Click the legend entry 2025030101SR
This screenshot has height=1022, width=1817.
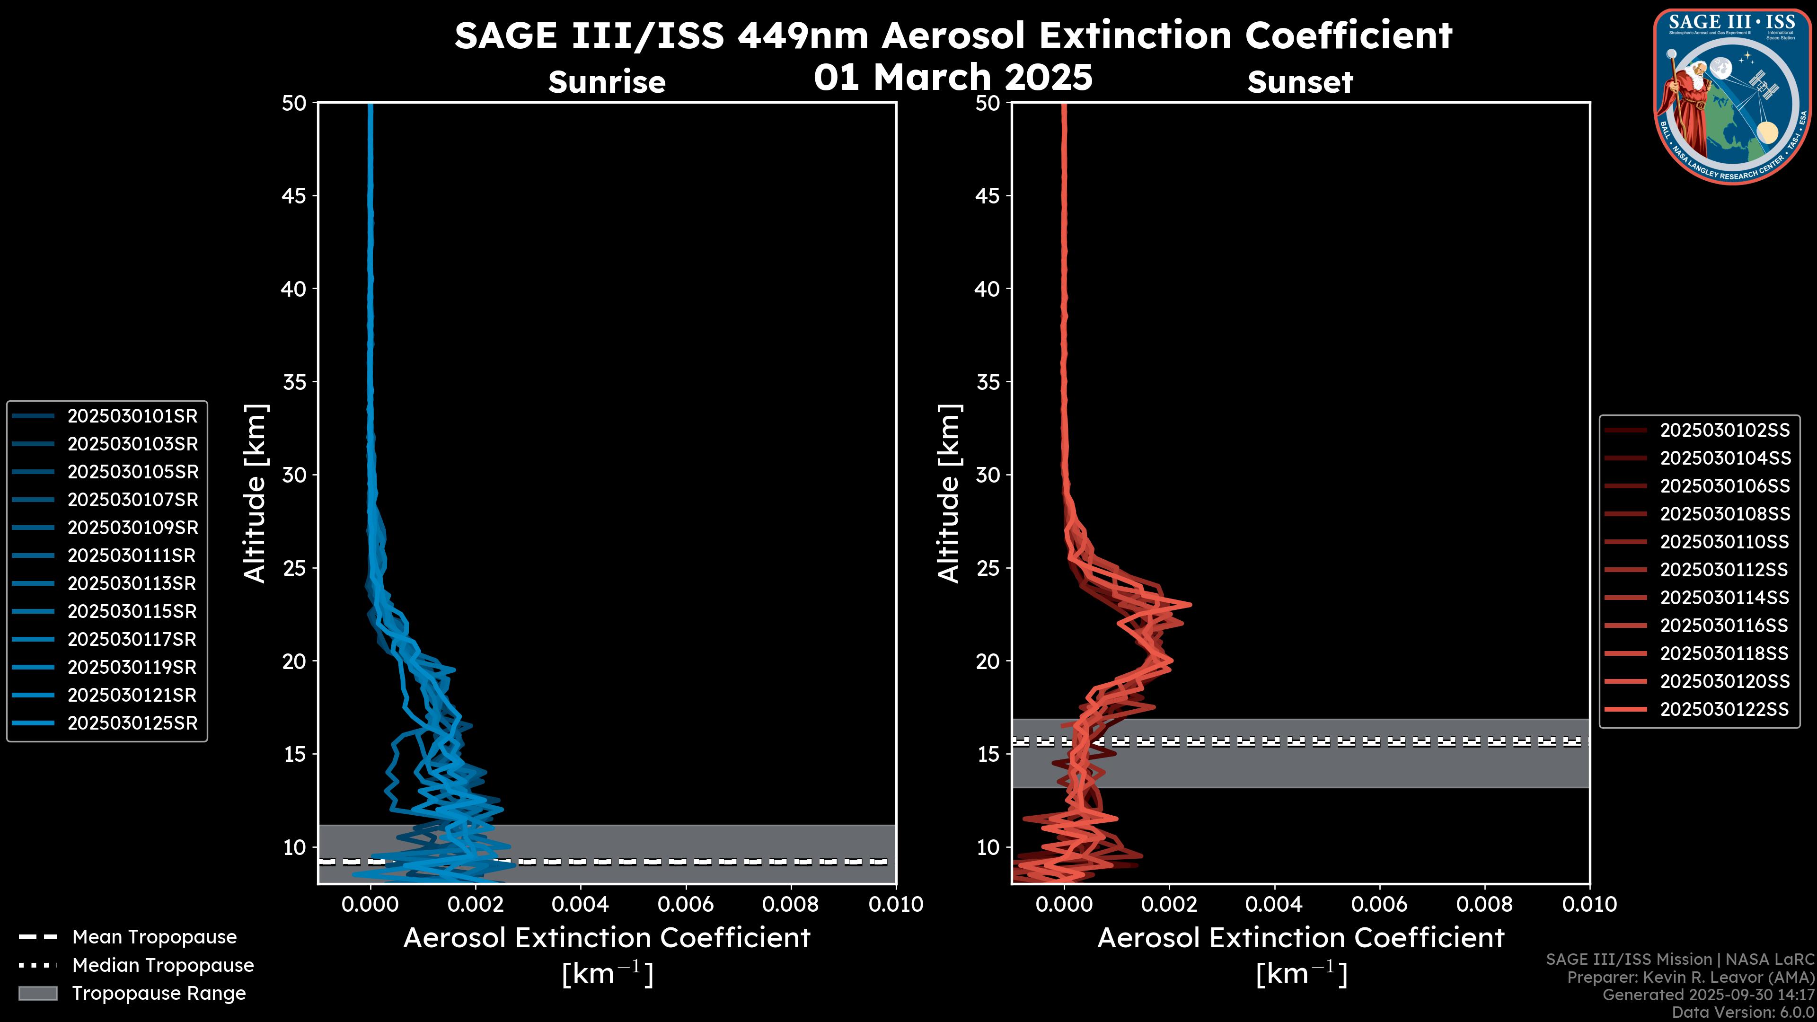[132, 416]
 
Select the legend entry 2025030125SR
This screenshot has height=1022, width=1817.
[132, 723]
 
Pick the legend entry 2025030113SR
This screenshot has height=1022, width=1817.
[132, 584]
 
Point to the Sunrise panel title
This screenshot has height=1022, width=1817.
[607, 82]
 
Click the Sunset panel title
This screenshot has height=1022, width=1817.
[1300, 82]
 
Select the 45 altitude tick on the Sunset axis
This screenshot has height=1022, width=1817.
[988, 196]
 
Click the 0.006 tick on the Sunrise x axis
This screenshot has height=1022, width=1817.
[686, 904]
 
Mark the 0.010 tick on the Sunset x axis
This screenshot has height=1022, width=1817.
[1589, 904]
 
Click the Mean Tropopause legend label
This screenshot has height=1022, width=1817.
[154, 937]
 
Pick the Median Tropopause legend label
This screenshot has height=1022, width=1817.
[163, 966]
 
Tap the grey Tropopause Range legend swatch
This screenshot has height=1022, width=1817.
[37, 994]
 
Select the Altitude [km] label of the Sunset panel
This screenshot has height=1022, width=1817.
[949, 493]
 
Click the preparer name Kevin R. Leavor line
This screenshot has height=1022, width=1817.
[1690, 978]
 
